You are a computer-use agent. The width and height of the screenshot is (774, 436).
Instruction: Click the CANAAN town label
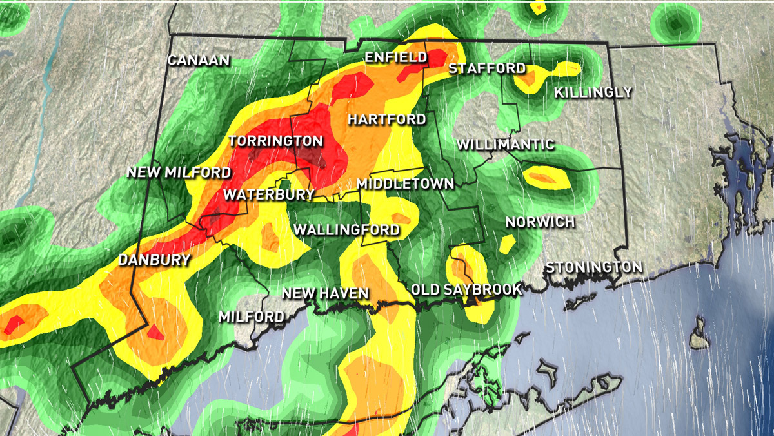(199, 60)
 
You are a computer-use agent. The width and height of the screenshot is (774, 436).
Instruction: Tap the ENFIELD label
(396, 57)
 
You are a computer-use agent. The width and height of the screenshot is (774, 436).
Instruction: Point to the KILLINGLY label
(593, 92)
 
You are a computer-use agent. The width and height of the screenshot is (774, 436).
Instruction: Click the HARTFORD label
(386, 119)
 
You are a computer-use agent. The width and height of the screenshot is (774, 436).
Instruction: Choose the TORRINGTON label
(275, 141)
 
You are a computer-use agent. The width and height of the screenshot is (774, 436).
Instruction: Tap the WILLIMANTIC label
(505, 144)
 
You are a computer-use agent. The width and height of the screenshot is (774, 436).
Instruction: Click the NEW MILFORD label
(179, 172)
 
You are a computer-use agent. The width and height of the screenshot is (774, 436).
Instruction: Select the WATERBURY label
(269, 194)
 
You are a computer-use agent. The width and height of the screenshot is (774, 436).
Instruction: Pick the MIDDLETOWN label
(405, 183)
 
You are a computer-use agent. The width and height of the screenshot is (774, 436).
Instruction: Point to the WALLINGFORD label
(346, 229)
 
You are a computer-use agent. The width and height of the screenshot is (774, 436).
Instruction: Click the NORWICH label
(540, 222)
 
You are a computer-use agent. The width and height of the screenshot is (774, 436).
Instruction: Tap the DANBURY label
(154, 260)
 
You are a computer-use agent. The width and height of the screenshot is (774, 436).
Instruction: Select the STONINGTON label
(594, 267)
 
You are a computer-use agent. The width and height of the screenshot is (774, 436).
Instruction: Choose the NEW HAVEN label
(325, 294)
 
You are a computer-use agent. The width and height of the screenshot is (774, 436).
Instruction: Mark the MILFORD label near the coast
(252, 317)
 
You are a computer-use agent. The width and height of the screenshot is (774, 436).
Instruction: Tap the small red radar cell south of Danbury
(155, 333)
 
